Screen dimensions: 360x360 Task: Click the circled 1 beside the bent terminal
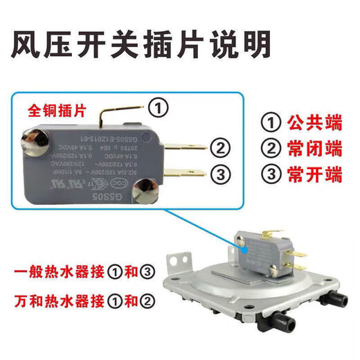point(159,108)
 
